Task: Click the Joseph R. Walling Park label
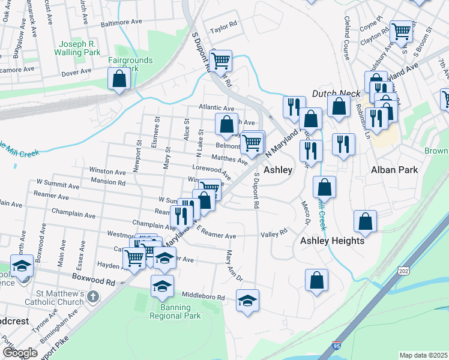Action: tap(85, 49)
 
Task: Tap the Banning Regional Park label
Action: tap(170, 312)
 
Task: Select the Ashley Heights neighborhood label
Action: tap(332, 241)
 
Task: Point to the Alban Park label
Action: tap(394, 170)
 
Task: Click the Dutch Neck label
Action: tap(336, 94)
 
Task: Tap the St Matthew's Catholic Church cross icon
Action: tap(92, 296)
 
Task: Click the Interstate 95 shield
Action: tap(337, 346)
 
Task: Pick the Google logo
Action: tap(20, 353)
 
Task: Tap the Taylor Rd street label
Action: tap(224, 28)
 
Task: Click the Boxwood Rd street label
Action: tap(93, 281)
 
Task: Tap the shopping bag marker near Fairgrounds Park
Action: tap(119, 79)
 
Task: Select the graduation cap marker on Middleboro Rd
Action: tap(247, 301)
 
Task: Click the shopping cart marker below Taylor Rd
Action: tap(221, 60)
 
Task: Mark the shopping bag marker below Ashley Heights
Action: tap(317, 280)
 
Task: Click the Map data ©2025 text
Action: tap(423, 355)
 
